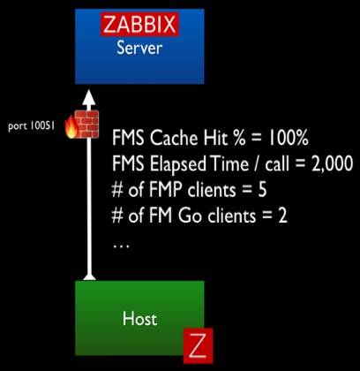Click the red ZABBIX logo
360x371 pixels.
[x=139, y=25]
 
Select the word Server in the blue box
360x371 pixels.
[x=139, y=48]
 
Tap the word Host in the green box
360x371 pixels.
[x=139, y=319]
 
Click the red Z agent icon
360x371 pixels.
[x=198, y=345]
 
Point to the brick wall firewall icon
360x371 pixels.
[x=86, y=124]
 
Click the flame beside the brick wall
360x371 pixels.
[x=71, y=126]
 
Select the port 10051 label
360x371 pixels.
[x=31, y=126]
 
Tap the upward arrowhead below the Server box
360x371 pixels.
[x=90, y=96]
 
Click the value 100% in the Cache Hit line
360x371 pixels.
[x=288, y=138]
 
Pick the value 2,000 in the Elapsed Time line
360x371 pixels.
[x=330, y=163]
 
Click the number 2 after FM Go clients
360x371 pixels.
[x=281, y=216]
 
